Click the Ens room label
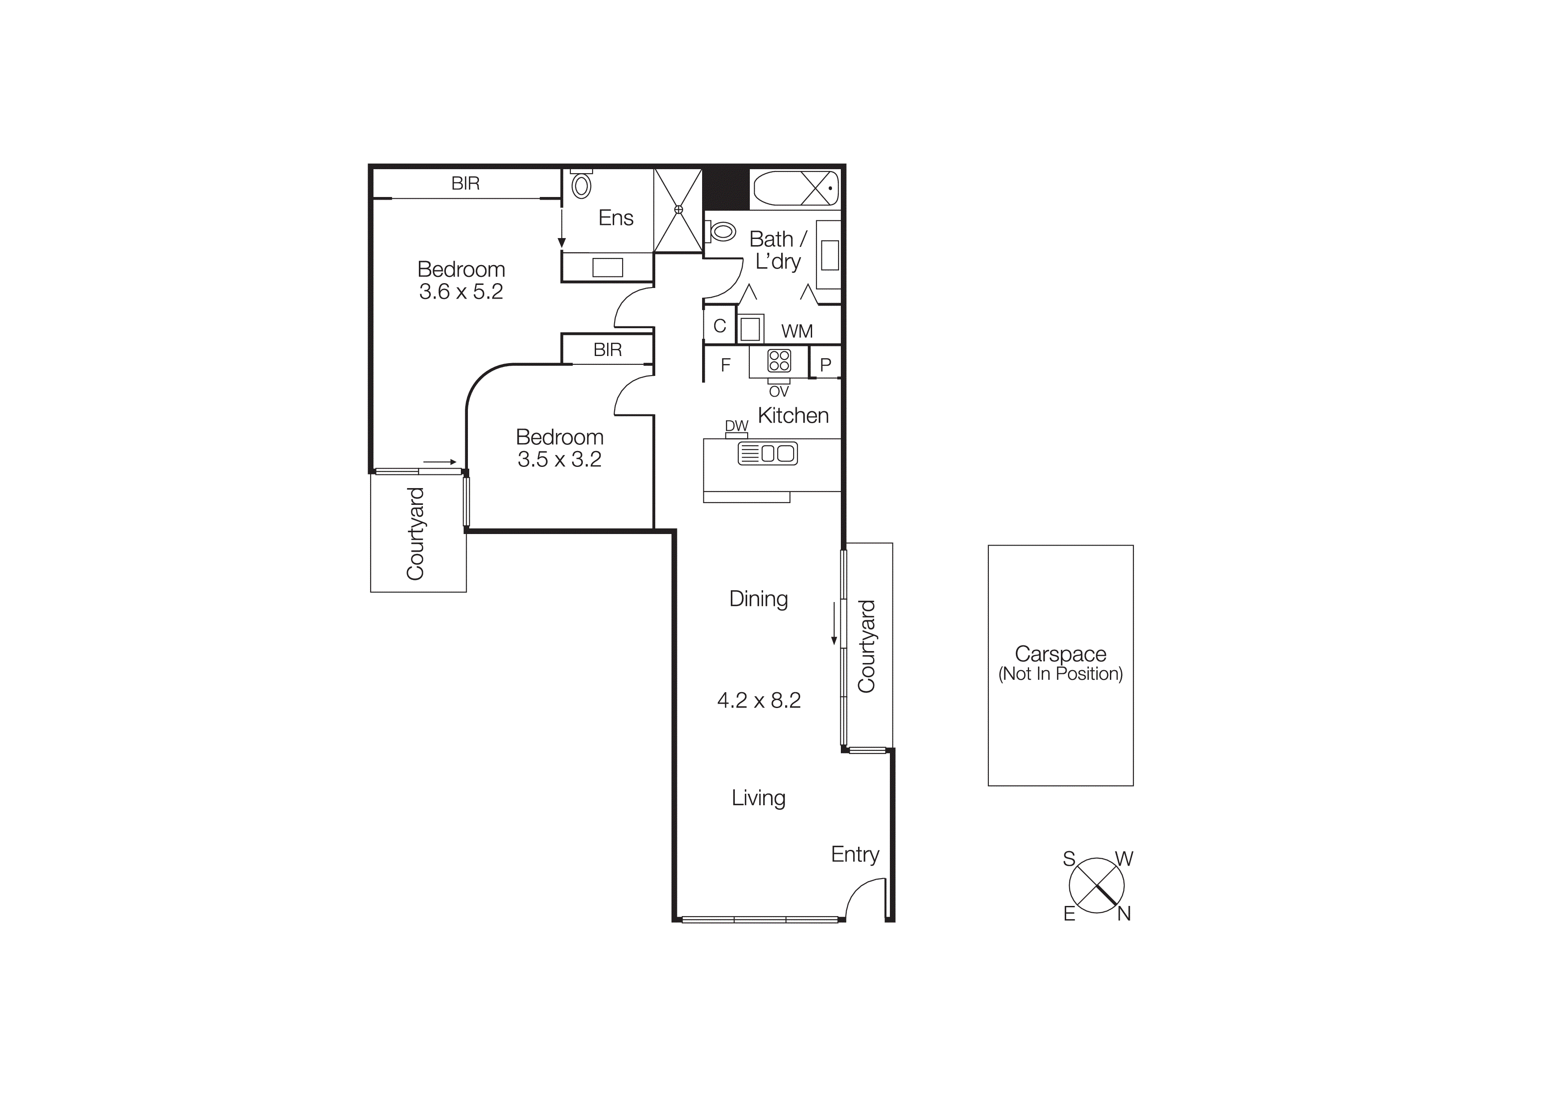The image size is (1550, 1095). click(615, 218)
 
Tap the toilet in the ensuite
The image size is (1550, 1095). click(581, 185)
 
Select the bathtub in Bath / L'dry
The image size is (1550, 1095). click(796, 188)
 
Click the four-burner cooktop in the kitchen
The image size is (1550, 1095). click(779, 361)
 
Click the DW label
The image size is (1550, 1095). click(737, 426)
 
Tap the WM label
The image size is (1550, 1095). click(797, 331)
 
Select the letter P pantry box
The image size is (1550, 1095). click(825, 365)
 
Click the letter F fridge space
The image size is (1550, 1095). click(726, 365)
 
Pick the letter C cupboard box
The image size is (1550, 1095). click(720, 326)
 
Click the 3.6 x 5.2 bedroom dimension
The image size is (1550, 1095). click(461, 292)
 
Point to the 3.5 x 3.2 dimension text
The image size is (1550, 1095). click(559, 459)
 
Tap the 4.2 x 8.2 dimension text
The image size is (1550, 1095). click(759, 700)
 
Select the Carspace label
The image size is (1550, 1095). click(1060, 654)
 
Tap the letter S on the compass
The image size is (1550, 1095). click(1069, 859)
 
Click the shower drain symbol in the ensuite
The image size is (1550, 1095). click(679, 210)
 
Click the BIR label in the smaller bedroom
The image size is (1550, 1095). click(607, 349)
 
